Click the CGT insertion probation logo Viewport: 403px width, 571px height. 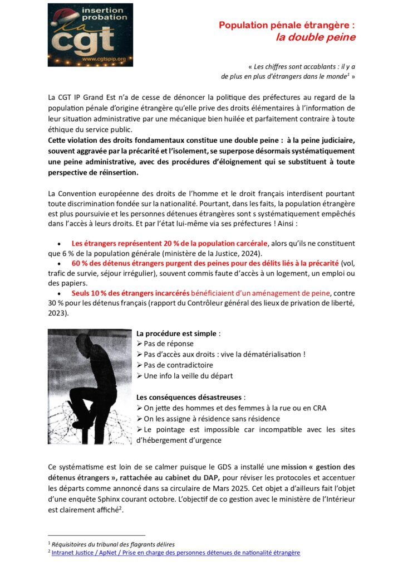coord(90,34)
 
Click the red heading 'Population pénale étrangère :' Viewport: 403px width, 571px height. coord(287,25)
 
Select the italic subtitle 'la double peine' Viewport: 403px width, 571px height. coord(316,37)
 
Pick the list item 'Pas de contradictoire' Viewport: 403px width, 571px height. coord(178,365)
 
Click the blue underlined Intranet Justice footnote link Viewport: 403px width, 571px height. coord(175,553)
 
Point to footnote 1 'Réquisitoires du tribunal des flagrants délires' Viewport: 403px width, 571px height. coord(114,544)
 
